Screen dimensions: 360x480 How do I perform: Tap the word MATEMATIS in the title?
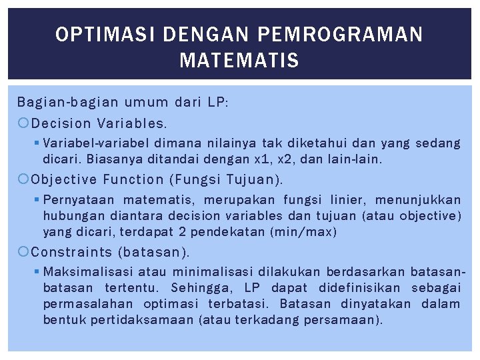(239, 62)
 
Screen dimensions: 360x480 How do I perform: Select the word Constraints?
(71, 252)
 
